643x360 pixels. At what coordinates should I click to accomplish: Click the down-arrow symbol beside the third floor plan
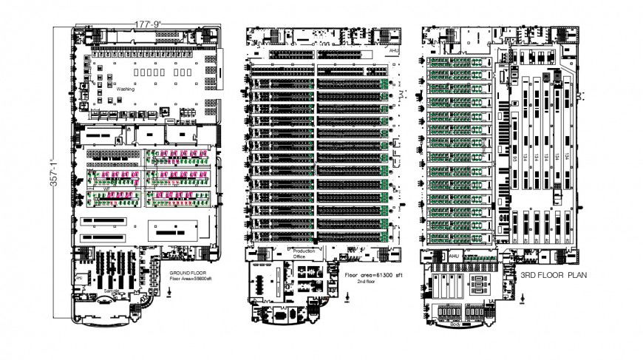[524, 299]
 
